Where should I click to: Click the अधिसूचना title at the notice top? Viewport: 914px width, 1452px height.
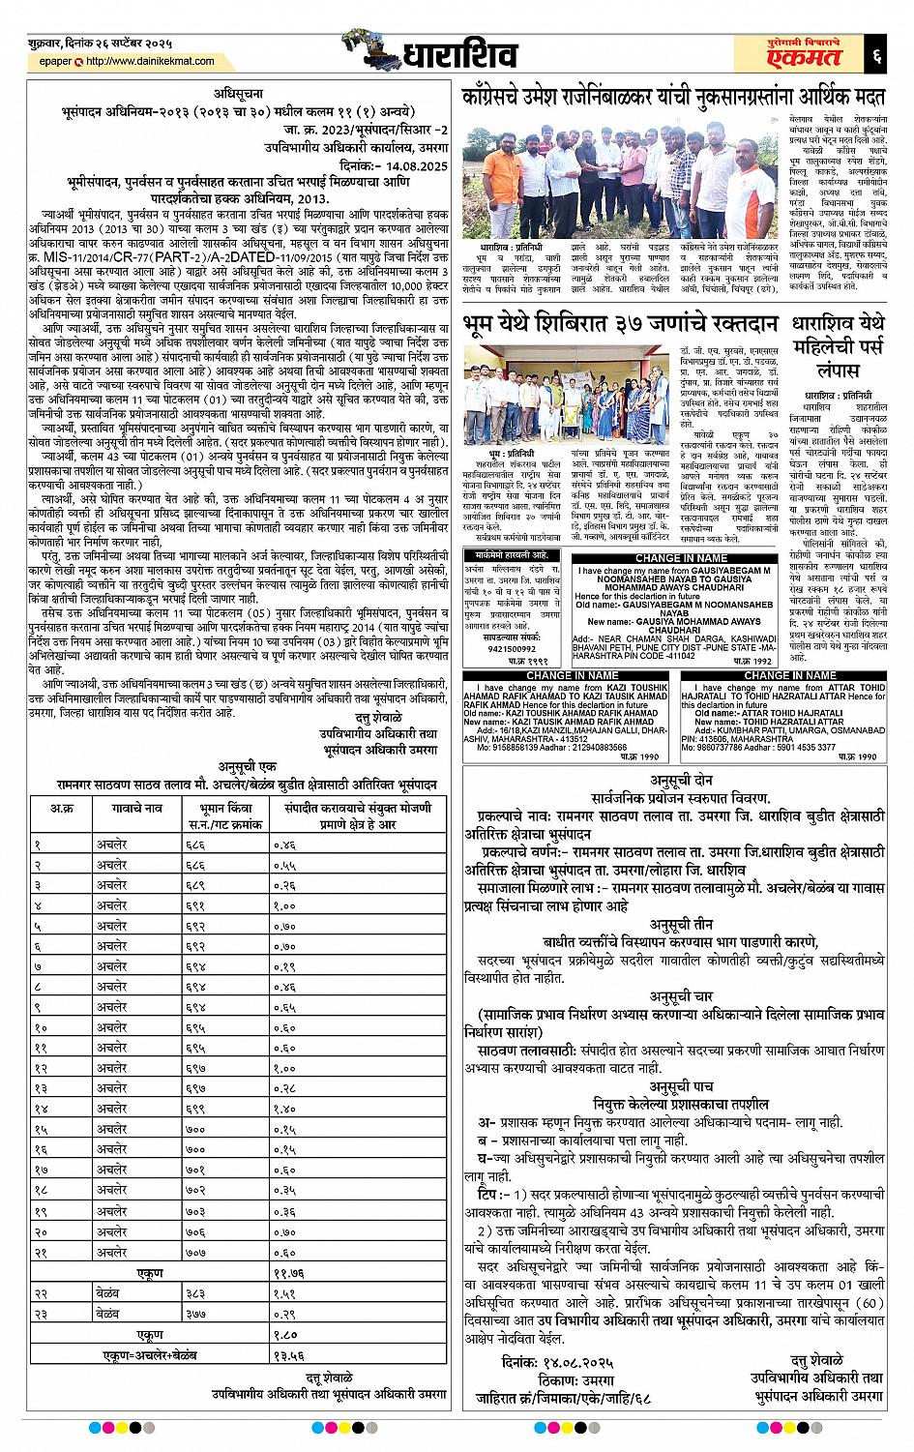point(235,94)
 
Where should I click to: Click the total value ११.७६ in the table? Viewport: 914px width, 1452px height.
point(289,1274)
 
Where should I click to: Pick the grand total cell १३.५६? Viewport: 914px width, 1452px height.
point(288,1355)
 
